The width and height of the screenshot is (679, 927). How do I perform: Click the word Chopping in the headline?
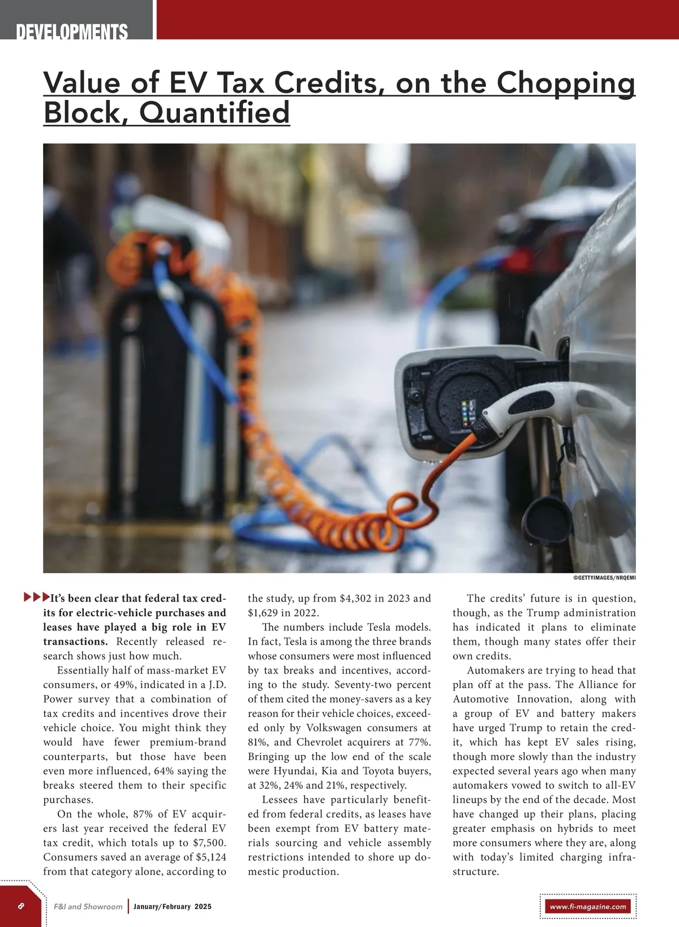coord(566,83)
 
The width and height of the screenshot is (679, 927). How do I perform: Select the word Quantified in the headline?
coord(214,112)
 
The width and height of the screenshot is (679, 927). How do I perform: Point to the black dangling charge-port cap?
coord(547,517)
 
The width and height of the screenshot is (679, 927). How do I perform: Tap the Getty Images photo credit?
coord(604,578)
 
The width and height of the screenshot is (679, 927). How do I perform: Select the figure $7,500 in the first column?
coord(209,843)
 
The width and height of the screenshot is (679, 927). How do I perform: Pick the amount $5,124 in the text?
coord(210,857)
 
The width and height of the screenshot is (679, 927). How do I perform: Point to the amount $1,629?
coord(264,613)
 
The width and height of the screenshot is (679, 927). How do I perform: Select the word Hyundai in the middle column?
coord(294,771)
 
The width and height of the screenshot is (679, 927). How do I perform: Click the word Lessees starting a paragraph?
coord(280,800)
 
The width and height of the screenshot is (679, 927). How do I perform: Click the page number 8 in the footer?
coord(21,905)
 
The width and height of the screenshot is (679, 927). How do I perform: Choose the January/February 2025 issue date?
coord(172,906)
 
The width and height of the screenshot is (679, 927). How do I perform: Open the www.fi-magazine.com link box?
coord(588,906)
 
